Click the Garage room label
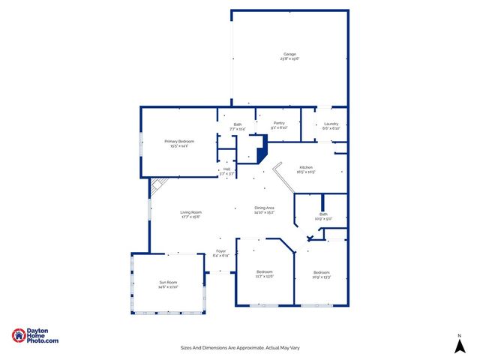(289, 54)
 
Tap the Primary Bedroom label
(179, 141)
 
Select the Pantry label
(279, 123)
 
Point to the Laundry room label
(331, 124)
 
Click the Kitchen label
(306, 167)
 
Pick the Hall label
(226, 169)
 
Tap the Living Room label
(190, 212)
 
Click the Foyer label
(220, 250)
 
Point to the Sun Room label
(166, 283)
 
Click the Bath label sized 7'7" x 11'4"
(237, 124)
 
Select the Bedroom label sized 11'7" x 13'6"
(264, 271)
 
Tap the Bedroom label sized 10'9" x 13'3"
(321, 271)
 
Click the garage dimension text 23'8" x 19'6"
(289, 58)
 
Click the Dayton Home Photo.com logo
(35, 337)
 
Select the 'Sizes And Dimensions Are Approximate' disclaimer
(239, 347)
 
